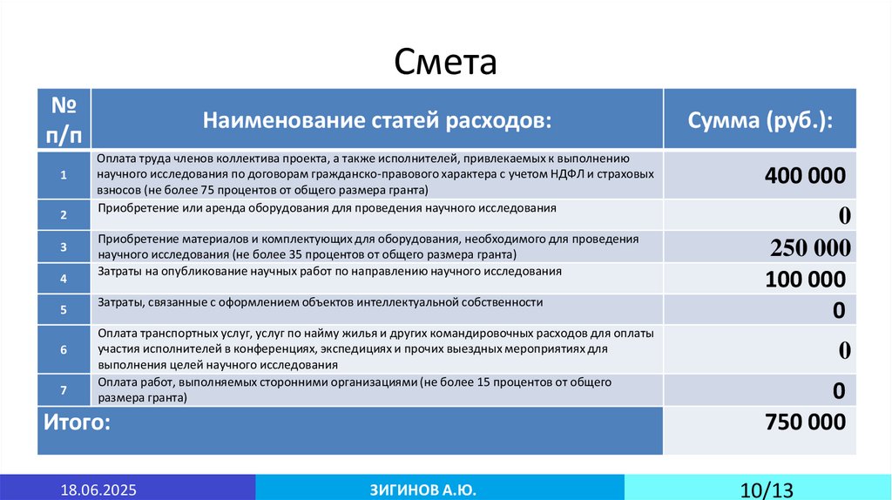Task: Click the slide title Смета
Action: [445, 63]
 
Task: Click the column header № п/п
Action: [64, 118]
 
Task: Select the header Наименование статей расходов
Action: [377, 119]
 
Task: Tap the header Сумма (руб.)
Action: [760, 119]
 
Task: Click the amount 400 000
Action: [805, 176]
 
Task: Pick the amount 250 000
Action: [810, 248]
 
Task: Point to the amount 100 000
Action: [805, 280]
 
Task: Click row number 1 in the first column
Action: [64, 175]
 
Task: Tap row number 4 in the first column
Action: [64, 280]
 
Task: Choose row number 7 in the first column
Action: [64, 389]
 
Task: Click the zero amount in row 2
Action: [844, 215]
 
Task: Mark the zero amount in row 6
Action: [844, 350]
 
